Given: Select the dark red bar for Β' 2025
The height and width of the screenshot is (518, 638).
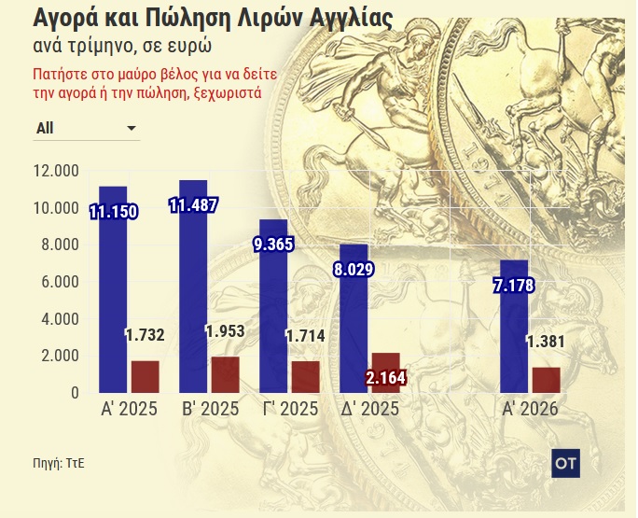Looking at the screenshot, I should tap(226, 374).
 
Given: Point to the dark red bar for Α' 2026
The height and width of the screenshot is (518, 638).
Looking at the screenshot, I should tap(546, 380).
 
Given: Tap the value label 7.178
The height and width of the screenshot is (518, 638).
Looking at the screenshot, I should tap(513, 285).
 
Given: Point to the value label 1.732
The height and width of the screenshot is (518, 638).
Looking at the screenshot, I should tap(144, 335).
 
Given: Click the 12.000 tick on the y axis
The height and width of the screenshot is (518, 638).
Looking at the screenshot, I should tap(55, 171).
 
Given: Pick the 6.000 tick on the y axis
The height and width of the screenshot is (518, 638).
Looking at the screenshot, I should tap(59, 282).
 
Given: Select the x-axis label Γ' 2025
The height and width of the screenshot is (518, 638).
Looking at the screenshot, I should tap(285, 410).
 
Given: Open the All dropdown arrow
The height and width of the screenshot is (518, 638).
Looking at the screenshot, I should tap(131, 128).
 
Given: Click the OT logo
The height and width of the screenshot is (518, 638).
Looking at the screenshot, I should tap(566, 462).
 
